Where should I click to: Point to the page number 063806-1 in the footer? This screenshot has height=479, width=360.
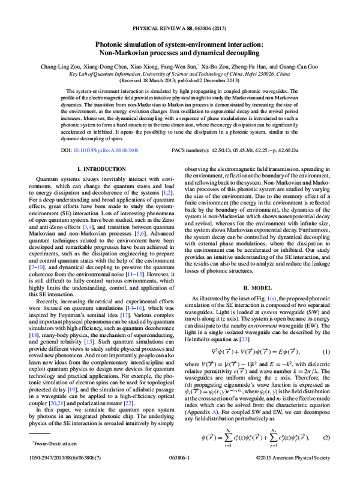pyautogui.click(x=179, y=472)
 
